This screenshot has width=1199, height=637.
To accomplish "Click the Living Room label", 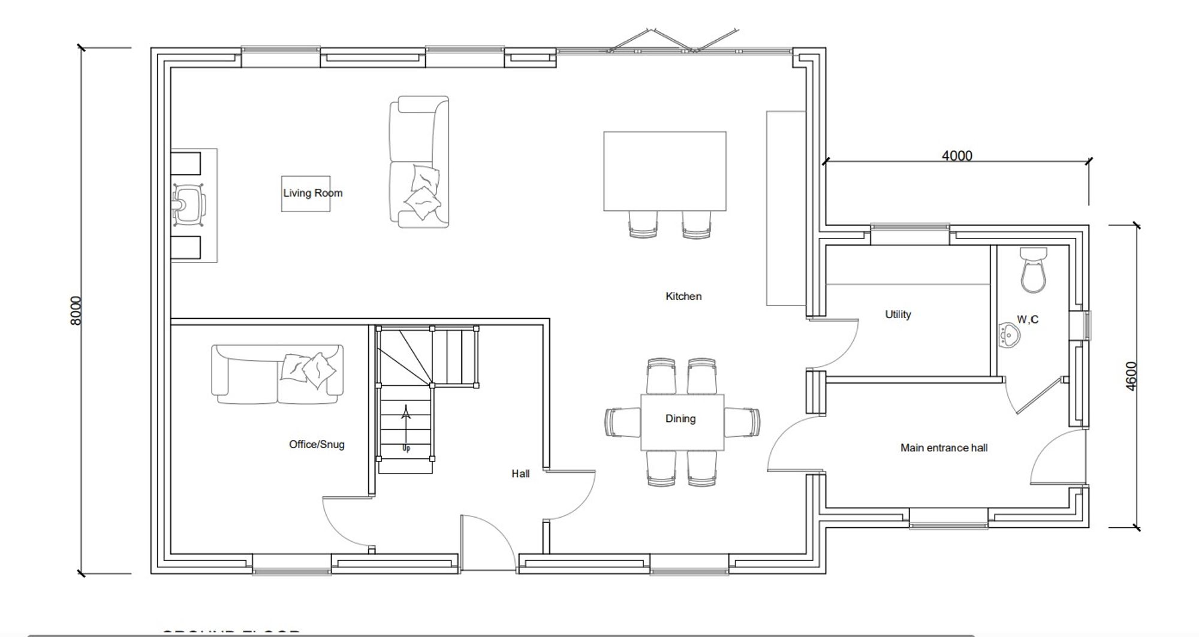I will coord(312,193).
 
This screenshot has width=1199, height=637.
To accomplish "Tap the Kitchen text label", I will coord(683,296).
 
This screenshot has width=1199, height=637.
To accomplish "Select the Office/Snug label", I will coord(317,444).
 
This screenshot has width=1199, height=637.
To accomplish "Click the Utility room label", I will coord(897,314).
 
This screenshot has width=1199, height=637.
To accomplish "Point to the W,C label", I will coord(1028,319).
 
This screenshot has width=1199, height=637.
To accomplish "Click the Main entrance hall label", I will coord(944,448).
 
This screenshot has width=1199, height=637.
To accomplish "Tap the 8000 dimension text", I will coord(76,310).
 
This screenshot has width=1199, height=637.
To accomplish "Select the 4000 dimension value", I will coord(957,156).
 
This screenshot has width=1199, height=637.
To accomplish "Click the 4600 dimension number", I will coord(1131,376).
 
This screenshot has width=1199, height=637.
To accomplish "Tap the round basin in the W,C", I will coord(1010,335).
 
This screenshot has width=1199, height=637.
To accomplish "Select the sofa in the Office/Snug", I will coord(277,375).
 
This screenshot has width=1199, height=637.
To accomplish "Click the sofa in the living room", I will coord(419,162).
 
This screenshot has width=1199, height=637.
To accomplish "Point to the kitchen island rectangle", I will coord(664,171).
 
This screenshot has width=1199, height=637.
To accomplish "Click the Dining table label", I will coord(680,418).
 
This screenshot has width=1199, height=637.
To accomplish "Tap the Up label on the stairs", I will coord(406,448).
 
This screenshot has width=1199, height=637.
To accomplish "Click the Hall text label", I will coord(520,473).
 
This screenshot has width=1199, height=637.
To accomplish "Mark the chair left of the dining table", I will coord(622,422).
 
